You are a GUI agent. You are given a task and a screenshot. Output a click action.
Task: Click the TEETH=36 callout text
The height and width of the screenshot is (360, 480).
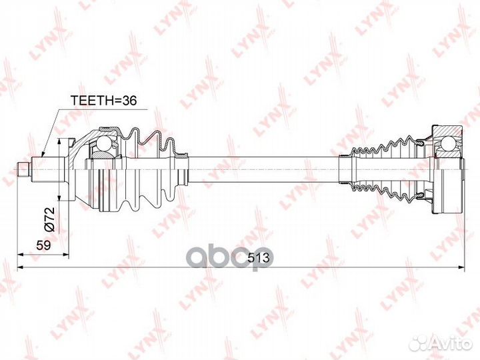click(103, 100)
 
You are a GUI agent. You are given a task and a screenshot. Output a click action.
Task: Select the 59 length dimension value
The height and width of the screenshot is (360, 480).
click(43, 245)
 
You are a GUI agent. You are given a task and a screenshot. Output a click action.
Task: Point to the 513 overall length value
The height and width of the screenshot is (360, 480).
click(259, 259)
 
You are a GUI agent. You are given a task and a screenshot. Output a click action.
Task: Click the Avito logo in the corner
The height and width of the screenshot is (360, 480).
click(441, 343)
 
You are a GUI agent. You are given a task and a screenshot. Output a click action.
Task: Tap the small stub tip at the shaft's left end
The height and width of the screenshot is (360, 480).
click(23, 169)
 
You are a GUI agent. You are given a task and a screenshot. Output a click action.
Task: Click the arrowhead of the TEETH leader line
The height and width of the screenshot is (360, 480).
click(42, 154)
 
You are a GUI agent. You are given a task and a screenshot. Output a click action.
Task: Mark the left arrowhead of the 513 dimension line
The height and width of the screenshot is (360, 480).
click(21, 267)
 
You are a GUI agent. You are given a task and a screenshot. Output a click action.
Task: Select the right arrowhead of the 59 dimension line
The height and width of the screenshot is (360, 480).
click(65, 254)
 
